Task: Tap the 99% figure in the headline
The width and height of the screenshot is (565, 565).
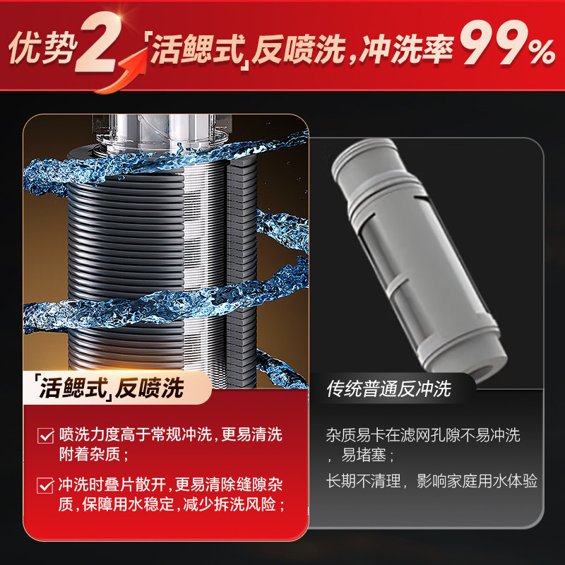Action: [x=507, y=47]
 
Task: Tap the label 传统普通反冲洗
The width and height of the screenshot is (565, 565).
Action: [x=388, y=388]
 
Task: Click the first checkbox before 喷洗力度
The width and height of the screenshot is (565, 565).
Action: [x=44, y=435]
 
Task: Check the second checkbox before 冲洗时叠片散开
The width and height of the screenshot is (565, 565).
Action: [x=44, y=485]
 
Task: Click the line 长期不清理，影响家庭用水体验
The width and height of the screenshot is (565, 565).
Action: [x=432, y=482]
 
